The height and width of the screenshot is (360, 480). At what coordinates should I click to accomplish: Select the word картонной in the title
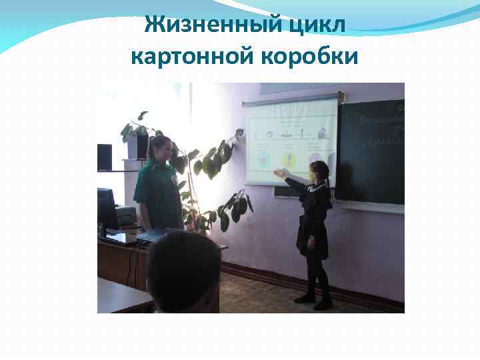coord(188,57)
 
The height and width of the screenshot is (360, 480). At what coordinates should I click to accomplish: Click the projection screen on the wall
coord(291,140)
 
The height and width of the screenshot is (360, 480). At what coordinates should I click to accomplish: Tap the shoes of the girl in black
coord(313,299)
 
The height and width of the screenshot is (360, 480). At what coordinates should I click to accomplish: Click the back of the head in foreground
coord(183,270)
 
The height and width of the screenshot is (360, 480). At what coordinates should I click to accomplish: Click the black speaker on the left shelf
coord(105,157)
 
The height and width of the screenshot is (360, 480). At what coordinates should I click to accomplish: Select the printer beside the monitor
coord(125,215)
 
